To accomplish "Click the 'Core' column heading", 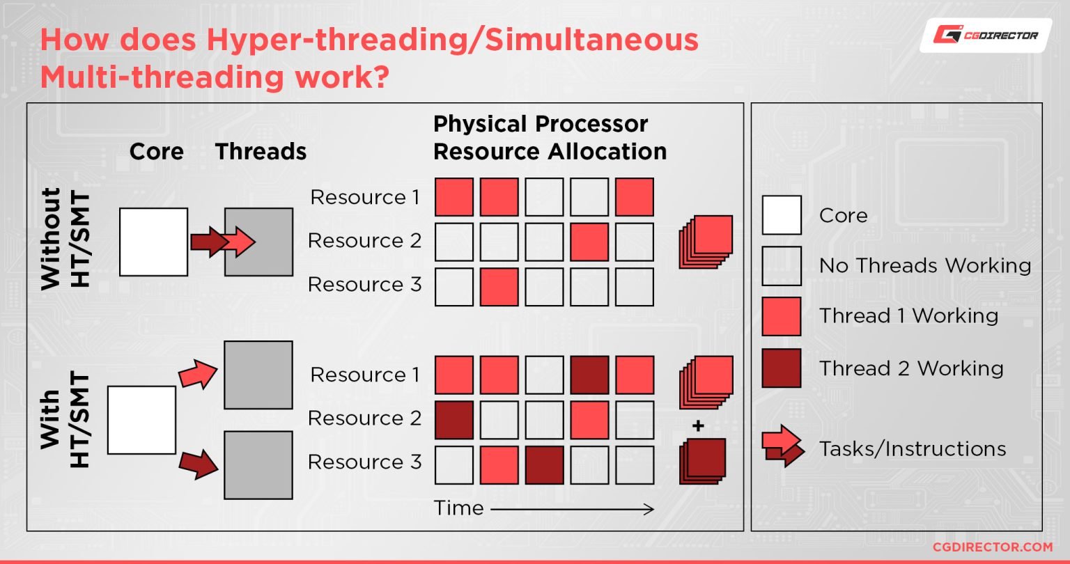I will click(157, 152).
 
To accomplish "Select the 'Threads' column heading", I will click(261, 152).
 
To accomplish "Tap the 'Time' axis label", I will click(458, 508).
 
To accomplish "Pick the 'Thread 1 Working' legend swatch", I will click(782, 316).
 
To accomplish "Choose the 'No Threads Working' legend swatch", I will click(782, 265).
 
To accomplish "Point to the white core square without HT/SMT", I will click(153, 242).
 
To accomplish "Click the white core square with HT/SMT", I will click(141, 420).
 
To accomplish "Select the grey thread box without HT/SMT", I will click(258, 242).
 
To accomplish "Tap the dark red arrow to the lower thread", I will click(199, 465).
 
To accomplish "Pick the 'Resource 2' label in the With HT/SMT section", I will click(364, 418).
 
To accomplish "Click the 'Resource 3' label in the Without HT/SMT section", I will click(364, 285).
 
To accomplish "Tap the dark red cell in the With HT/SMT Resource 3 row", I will click(543, 465).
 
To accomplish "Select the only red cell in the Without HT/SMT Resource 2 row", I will click(589, 242).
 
